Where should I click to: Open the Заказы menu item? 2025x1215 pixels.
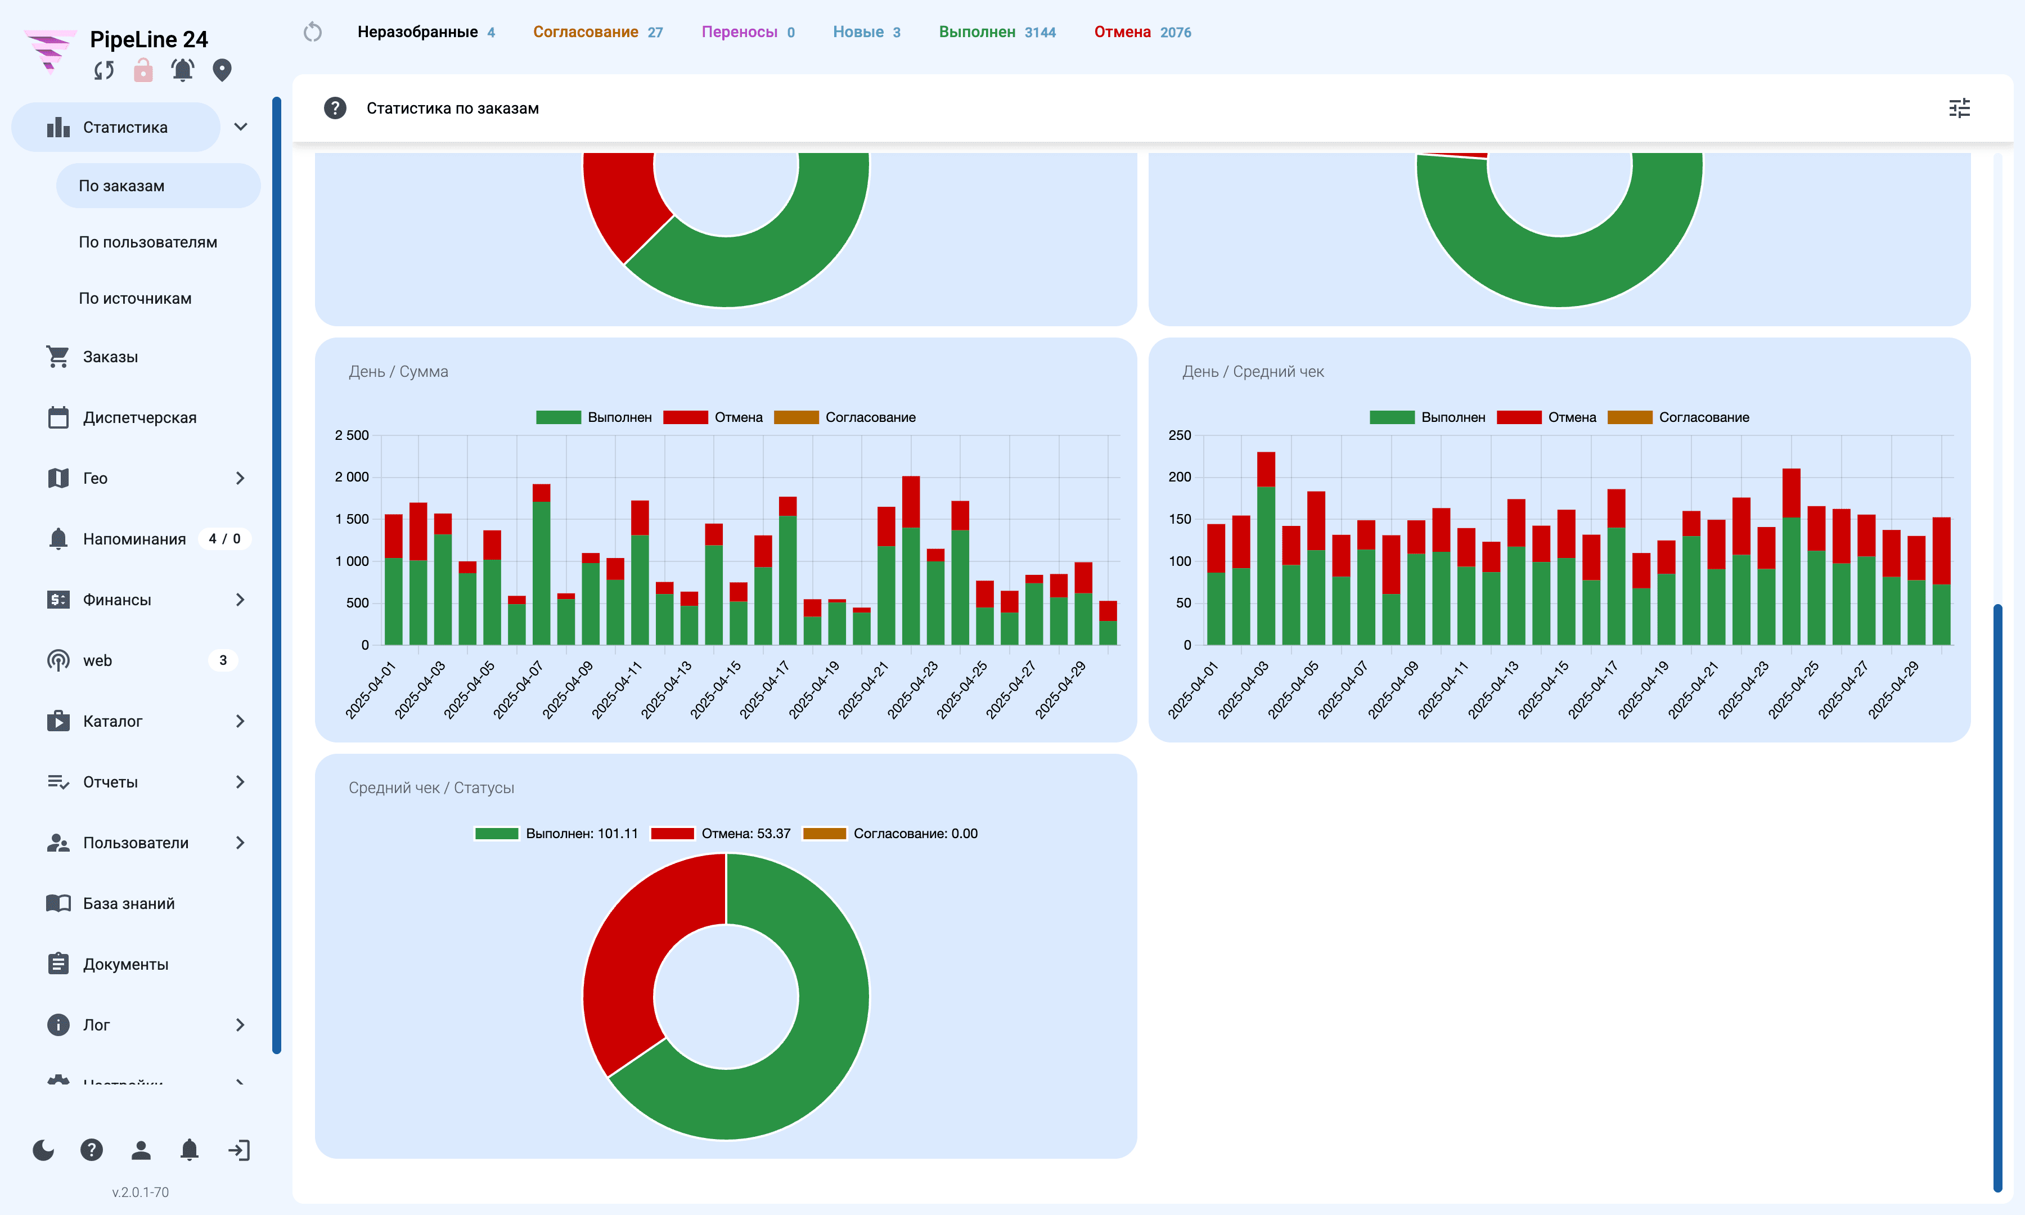tap(110, 357)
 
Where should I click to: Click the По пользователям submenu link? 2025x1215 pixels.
tap(148, 242)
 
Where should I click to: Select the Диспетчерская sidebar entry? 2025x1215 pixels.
tap(139, 417)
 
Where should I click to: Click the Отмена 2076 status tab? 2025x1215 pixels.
tap(1142, 32)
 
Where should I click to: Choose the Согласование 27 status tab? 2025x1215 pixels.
tap(597, 32)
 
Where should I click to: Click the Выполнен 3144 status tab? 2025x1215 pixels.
tap(997, 32)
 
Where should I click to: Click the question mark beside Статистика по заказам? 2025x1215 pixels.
tap(335, 108)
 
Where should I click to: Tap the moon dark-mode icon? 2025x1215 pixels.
tap(43, 1150)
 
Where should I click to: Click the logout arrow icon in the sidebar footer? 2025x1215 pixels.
tap(239, 1150)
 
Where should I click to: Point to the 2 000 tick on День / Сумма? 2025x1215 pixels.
tap(352, 478)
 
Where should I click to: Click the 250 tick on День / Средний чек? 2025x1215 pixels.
tap(1180, 435)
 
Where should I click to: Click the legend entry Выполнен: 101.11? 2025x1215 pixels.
tap(556, 834)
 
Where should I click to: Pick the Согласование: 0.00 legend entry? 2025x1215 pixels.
tap(890, 834)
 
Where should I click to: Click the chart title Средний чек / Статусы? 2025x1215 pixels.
tap(431, 787)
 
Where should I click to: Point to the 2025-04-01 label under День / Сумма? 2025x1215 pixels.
tap(371, 690)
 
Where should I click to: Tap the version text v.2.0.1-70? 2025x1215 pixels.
tap(141, 1192)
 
